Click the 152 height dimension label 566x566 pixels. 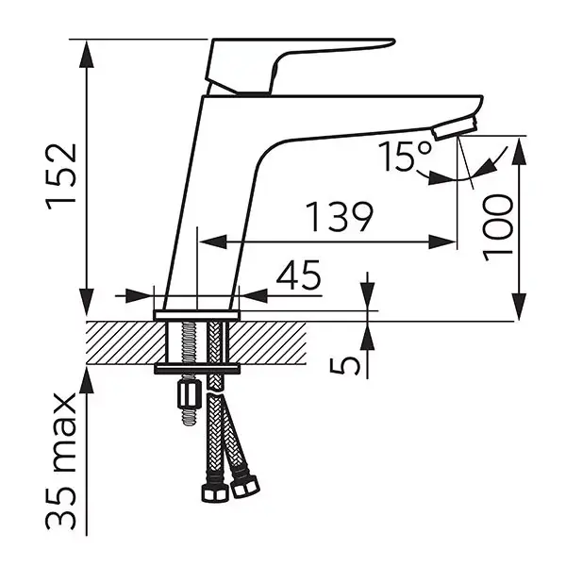[61, 177]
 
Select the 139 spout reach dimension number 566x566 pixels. [339, 217]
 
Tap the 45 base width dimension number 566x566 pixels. [298, 275]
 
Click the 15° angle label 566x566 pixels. [405, 156]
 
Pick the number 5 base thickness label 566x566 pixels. [345, 365]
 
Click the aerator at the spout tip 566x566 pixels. [456, 126]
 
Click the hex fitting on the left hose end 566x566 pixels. [215, 492]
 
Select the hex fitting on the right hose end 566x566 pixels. [245, 487]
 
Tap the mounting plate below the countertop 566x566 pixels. [197, 369]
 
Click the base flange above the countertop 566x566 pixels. [197, 315]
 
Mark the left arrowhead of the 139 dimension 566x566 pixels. [213, 241]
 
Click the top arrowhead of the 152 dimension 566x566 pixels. [86, 54]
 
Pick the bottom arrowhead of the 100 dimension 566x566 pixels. [519, 306]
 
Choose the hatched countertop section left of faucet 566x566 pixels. [126, 342]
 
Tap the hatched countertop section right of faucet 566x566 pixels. [268, 342]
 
